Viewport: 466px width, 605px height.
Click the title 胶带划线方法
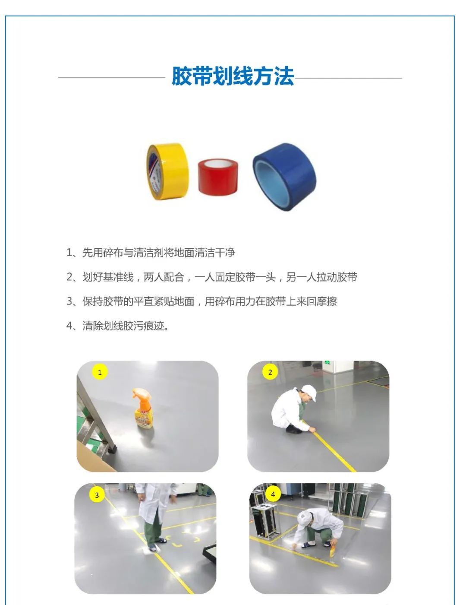click(233, 76)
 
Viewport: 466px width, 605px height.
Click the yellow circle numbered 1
click(100, 372)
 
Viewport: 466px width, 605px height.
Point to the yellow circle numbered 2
click(270, 372)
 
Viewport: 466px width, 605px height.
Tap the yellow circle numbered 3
click(97, 495)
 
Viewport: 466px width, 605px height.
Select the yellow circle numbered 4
click(273, 494)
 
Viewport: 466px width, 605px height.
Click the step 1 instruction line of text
click(151, 253)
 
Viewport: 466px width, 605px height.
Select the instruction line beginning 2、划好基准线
click(211, 277)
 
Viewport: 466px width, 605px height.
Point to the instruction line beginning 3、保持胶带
click(202, 301)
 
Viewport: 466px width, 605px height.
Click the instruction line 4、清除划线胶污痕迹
click(118, 326)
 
